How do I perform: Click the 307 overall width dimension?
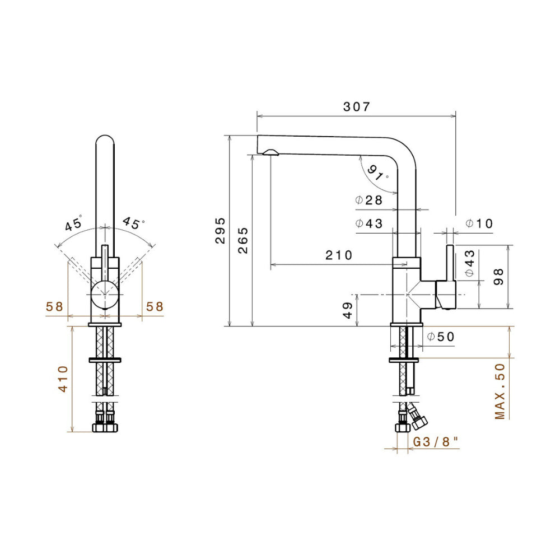[x=356, y=107]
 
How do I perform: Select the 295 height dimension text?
[x=220, y=230]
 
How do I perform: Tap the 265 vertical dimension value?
[x=242, y=240]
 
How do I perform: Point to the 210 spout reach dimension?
[x=339, y=255]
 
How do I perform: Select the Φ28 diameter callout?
[x=368, y=200]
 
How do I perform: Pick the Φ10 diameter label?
[x=479, y=224]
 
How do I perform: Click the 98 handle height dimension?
[x=499, y=277]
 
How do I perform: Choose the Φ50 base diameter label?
[x=440, y=337]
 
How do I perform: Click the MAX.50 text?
[x=500, y=391]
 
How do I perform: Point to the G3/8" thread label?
[x=436, y=442]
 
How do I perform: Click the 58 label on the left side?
[x=54, y=306]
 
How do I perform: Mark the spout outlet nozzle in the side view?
[x=270, y=152]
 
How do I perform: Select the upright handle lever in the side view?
[x=450, y=263]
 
